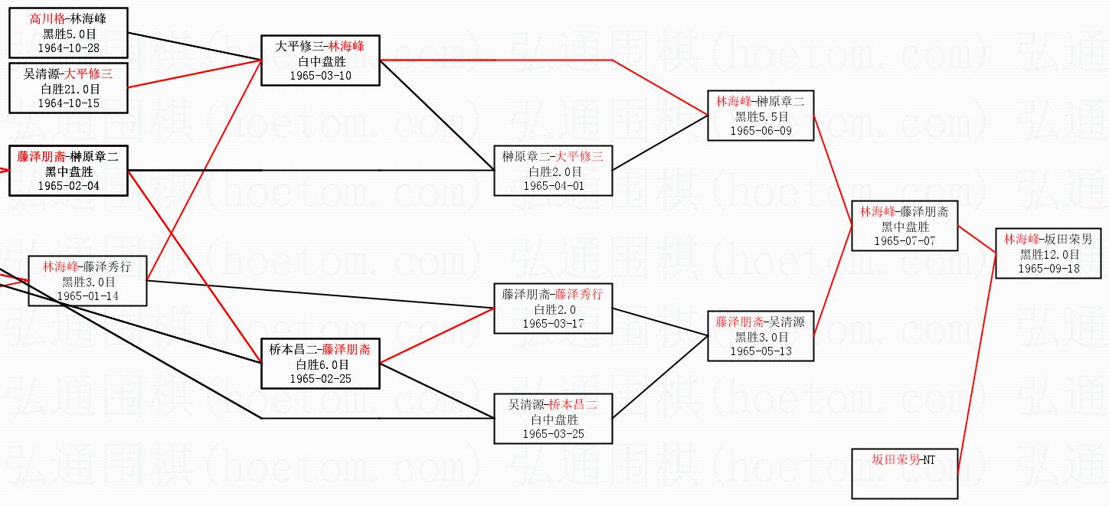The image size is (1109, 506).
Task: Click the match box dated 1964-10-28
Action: [x=68, y=33]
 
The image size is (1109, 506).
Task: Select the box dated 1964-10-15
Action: [x=68, y=88]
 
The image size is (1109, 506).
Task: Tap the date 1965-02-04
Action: [x=68, y=185]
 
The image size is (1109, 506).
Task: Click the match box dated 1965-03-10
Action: [x=320, y=60]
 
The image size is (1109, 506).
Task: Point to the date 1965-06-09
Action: [x=761, y=131]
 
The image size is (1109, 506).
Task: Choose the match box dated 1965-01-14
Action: [x=87, y=281]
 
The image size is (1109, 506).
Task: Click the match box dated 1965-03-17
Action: [x=553, y=308]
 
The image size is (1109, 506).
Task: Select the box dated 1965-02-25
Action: [x=320, y=364]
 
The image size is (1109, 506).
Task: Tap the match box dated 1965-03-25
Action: [x=553, y=419]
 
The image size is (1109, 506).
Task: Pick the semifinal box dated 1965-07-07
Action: [x=905, y=226]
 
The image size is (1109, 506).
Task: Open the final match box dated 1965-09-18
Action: [x=1048, y=253]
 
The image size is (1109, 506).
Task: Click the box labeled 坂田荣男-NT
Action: [x=905, y=473]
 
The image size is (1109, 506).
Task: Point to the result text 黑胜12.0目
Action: [x=1048, y=254]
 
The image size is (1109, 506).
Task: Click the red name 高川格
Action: [x=47, y=19]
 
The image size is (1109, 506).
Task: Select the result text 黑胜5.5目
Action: [x=761, y=116]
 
